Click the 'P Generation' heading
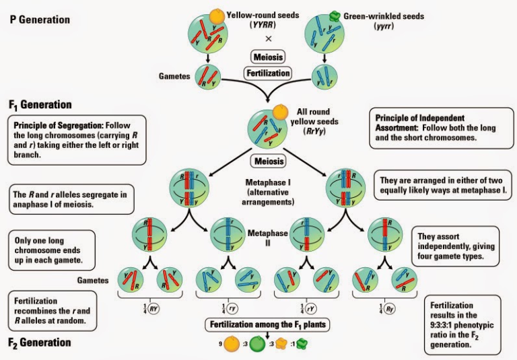tap(40, 20)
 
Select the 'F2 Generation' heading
tap(40, 343)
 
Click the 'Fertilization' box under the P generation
tap(269, 72)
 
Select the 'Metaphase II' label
tap(269, 238)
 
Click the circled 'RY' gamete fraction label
tap(154, 309)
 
